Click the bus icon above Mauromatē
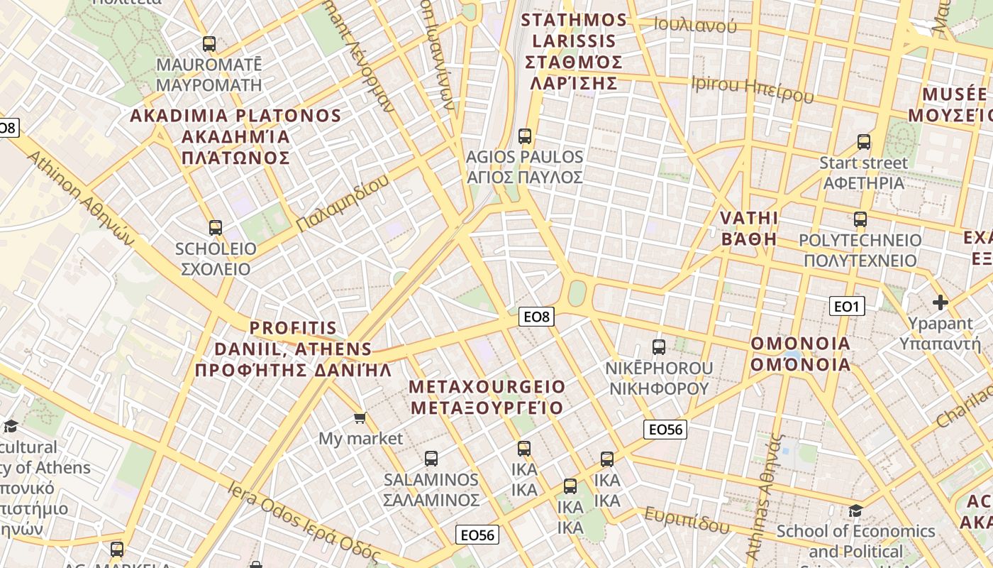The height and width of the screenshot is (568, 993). pos(209,44)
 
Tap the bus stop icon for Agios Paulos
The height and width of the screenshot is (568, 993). pos(525,136)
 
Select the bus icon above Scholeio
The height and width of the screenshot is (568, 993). pos(216,228)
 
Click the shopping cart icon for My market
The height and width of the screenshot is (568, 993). pos(360,418)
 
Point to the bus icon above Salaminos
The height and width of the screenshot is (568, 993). pos(431,459)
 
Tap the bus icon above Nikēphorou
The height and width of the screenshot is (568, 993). pos(659,347)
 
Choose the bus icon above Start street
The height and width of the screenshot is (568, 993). pos(863,142)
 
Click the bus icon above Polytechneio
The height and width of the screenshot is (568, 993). pos(860,219)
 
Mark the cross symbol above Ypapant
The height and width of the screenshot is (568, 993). pos(941,302)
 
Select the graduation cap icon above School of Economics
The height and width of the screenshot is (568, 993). pos(856,511)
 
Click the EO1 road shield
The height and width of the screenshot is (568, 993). pos(847,306)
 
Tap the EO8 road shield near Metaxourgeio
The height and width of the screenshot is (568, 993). pos(536,317)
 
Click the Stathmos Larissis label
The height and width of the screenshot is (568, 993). pos(574,51)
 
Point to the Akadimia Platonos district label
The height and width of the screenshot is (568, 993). pos(235,136)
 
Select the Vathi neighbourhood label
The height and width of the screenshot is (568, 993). pos(749,228)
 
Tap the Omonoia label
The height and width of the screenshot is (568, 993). pos(800,354)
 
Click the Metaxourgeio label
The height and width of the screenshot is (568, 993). pos(487,397)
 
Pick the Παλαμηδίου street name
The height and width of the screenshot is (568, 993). pos(343,203)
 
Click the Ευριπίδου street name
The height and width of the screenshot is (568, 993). pos(687,520)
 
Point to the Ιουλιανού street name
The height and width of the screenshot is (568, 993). pos(695,26)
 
